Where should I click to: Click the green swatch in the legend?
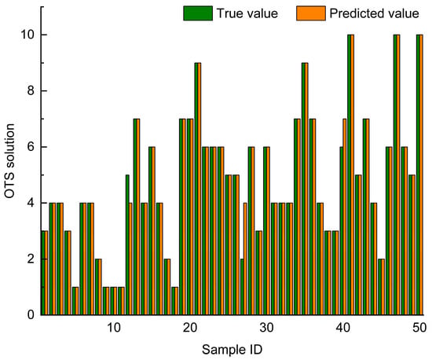click(x=198, y=13)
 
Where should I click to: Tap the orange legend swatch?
click(x=311, y=13)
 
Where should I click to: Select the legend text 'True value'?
click(x=247, y=13)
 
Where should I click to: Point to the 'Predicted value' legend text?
click(x=374, y=13)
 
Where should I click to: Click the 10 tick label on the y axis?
click(x=29, y=35)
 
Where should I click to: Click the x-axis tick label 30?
click(x=266, y=328)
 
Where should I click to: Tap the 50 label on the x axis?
click(x=419, y=328)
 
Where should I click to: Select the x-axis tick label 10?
click(x=114, y=328)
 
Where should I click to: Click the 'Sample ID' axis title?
click(x=232, y=350)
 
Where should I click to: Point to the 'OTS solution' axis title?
click(x=9, y=161)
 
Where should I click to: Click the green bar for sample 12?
click(x=127, y=244)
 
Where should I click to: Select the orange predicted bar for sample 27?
click(x=245, y=259)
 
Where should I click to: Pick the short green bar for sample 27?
click(x=242, y=287)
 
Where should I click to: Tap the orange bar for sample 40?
click(x=345, y=217)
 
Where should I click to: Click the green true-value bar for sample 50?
click(x=418, y=174)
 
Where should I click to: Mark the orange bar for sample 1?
click(x=46, y=273)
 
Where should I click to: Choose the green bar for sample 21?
click(x=196, y=189)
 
